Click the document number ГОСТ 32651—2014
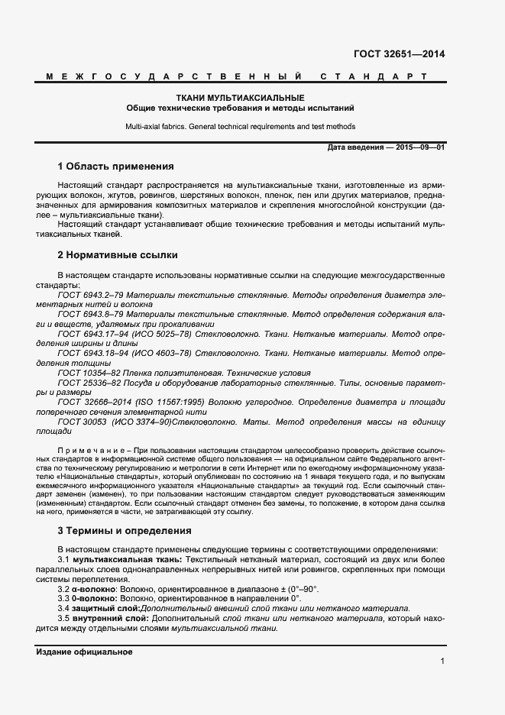[x=399, y=53]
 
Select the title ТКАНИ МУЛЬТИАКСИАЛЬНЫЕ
[x=240, y=98]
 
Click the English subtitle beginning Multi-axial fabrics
[x=240, y=126]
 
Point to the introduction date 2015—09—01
[x=419, y=147]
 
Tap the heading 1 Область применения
[x=116, y=166]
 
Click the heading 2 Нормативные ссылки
[x=118, y=254]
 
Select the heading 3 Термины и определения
[x=125, y=530]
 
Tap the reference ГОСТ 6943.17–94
[x=92, y=334]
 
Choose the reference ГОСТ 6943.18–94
[x=92, y=354]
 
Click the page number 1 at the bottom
[x=442, y=662]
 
